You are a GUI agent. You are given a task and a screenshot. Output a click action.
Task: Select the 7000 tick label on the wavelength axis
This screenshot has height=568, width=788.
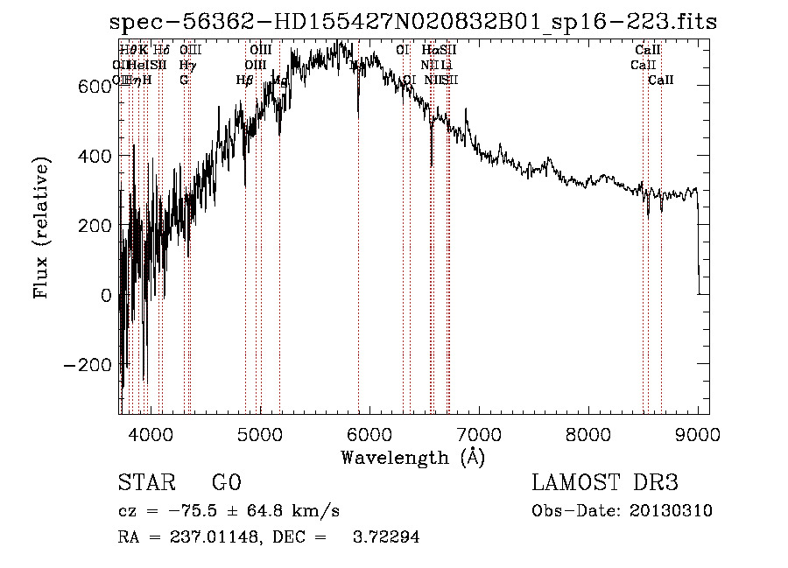479,431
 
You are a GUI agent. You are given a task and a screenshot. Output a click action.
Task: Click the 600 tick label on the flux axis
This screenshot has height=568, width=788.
94,86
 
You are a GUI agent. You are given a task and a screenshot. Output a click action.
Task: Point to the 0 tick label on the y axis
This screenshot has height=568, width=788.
106,295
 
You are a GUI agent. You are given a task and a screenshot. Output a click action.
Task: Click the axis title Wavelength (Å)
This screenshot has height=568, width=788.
412,457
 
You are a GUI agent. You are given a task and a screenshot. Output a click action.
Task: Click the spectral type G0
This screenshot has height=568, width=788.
226,483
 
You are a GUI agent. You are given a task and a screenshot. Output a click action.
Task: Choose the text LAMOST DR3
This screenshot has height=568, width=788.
605,483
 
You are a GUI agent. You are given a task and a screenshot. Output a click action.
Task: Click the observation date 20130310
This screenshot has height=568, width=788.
671,511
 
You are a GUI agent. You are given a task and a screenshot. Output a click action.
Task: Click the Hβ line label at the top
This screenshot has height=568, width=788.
244,81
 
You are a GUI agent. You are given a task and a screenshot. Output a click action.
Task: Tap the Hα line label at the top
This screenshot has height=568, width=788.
429,51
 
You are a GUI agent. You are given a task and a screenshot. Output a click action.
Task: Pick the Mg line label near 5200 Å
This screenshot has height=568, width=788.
280,81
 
